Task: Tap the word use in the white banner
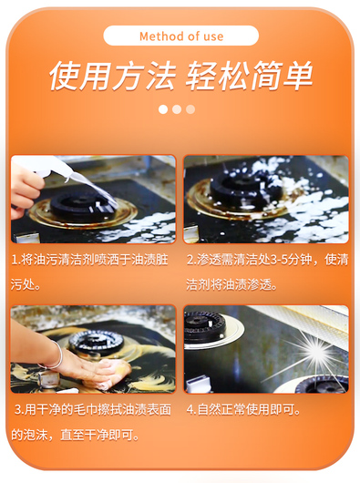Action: (x=213, y=36)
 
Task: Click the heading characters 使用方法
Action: (x=113, y=76)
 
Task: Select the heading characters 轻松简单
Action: (x=249, y=76)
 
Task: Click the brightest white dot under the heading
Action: (x=163, y=109)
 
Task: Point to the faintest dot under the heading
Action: (x=190, y=109)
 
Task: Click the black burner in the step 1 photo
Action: (x=81, y=207)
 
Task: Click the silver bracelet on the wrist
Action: (x=54, y=356)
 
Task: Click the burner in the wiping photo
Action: (x=96, y=342)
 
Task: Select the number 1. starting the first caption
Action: (x=15, y=260)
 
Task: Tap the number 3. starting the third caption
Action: (x=19, y=410)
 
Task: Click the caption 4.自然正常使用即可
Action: (x=243, y=410)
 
